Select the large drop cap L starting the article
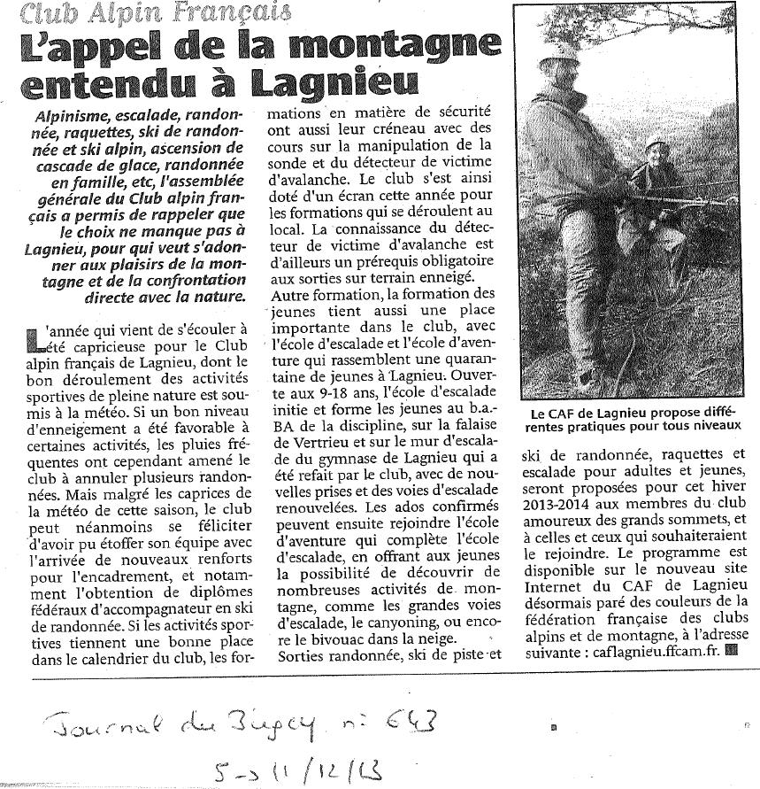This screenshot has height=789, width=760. tap(33, 337)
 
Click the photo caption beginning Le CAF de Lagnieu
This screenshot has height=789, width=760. tap(634, 419)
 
